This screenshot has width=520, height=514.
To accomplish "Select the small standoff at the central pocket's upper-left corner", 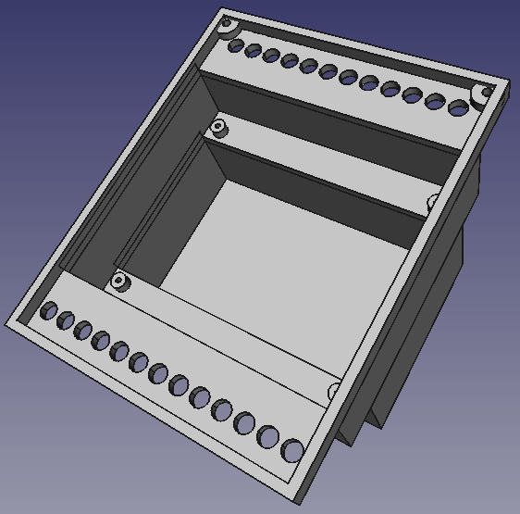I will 218,126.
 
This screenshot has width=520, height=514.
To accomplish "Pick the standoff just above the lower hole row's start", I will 118,281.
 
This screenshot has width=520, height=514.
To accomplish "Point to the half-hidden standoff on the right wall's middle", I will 433,202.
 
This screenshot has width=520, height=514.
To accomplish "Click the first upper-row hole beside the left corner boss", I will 236,44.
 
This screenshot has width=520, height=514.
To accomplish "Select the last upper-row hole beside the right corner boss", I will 458,108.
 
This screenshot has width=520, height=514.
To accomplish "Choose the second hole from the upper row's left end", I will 254,50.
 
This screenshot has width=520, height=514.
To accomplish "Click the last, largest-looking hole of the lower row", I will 292,451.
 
